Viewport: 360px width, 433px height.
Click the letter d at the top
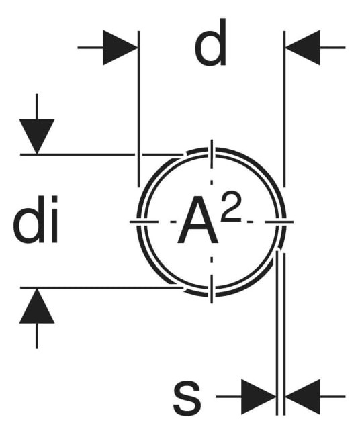(x=210, y=42)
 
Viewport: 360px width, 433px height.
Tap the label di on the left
(x=36, y=220)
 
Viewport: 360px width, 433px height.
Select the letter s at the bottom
(x=187, y=397)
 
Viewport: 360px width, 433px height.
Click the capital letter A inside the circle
(x=197, y=220)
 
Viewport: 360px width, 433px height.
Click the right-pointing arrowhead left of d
(x=120, y=48)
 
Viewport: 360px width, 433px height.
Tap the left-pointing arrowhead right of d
(x=303, y=48)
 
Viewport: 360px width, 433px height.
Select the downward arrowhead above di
(x=37, y=136)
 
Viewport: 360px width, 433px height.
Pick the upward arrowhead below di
(x=37, y=305)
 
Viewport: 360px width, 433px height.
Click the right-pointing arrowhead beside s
(x=259, y=397)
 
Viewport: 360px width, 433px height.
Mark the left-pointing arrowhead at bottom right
(x=303, y=397)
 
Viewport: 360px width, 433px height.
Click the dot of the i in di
(x=54, y=199)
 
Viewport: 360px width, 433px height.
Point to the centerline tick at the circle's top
(x=212, y=154)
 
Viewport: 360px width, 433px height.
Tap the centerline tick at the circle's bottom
(x=212, y=289)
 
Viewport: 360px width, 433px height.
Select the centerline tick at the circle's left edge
(x=144, y=222)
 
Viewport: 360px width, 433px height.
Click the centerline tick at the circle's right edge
(x=279, y=222)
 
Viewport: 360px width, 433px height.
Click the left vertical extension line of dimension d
(x=139, y=109)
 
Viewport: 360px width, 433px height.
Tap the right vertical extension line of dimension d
(x=284, y=109)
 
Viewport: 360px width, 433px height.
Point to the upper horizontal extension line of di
(x=101, y=154)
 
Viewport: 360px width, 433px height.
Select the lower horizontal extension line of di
(x=101, y=288)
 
